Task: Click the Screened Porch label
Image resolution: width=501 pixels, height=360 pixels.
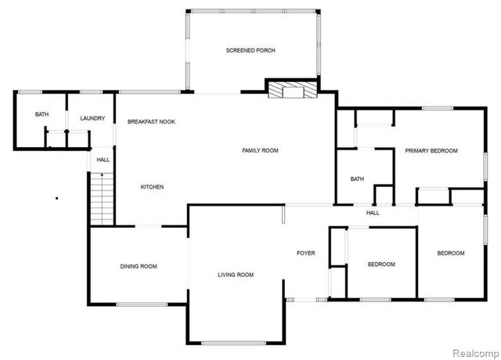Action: pos(250,51)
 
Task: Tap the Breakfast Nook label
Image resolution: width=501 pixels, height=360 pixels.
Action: pos(151,122)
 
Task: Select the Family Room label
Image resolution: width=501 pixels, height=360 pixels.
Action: pos(260,150)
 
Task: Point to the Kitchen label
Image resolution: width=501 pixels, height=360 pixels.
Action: pos(152,187)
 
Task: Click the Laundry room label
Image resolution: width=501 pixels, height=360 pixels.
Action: pos(92,118)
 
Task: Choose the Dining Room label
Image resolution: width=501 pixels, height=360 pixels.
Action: pos(139,267)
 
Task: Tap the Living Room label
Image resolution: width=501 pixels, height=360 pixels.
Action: pos(236,275)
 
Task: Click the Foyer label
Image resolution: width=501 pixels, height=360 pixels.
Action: pos(305,253)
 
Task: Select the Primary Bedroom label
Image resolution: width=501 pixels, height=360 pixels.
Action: pos(431,150)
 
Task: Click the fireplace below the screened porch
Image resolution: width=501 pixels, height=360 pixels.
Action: pos(292,91)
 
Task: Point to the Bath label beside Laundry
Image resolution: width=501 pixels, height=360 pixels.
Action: pos(41,115)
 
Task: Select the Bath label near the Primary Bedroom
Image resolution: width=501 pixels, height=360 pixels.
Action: pos(357,179)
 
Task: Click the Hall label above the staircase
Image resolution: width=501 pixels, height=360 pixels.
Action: pos(103,160)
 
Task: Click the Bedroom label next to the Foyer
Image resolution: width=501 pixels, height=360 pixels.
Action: pos(381,265)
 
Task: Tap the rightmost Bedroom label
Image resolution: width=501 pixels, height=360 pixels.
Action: pos(451,254)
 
